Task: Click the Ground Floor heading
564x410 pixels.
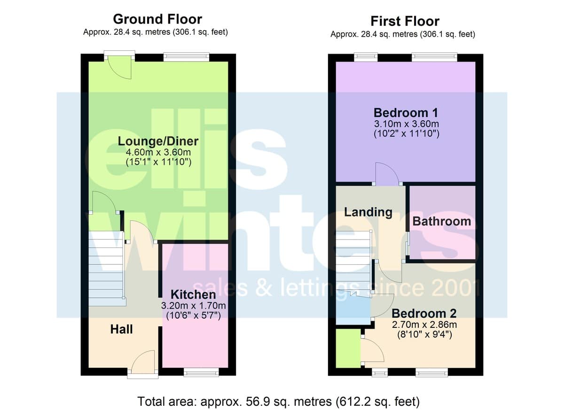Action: tap(157, 19)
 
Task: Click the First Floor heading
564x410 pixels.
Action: tap(405, 21)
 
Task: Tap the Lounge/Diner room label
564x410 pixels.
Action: tap(158, 141)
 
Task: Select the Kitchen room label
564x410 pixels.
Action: tap(193, 294)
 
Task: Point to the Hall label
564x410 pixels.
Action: tap(121, 329)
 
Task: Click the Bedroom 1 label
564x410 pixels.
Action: tap(406, 113)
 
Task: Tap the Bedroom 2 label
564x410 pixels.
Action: tap(424, 313)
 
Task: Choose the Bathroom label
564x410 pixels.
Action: tap(442, 221)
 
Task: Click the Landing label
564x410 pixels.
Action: tap(368, 212)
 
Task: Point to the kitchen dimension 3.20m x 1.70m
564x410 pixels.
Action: tap(193, 306)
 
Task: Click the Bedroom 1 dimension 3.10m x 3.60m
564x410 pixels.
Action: tap(407, 124)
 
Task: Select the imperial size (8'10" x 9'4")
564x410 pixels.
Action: tap(424, 334)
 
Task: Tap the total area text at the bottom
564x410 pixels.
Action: tap(278, 402)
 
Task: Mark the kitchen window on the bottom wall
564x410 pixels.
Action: tap(201, 372)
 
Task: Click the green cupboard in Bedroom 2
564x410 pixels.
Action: tap(348, 348)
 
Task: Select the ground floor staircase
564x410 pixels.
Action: tap(106, 269)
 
